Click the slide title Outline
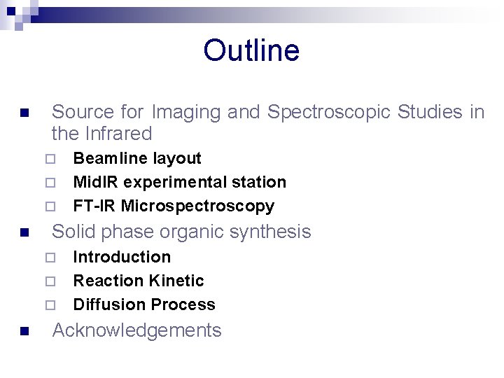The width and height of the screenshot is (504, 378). coord(251,51)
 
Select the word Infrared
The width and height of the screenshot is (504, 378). coord(117,134)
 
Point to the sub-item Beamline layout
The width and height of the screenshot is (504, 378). coord(137,159)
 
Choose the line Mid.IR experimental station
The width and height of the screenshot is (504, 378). coord(179,182)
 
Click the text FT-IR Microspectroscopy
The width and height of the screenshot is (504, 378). coord(174,206)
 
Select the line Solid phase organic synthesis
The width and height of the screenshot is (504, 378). coord(181,232)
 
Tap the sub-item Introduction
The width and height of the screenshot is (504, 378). coord(122,257)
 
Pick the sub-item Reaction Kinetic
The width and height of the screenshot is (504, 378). coord(139,281)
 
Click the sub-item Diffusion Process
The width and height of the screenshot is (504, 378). coord(144,304)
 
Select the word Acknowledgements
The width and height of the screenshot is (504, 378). coord(137,330)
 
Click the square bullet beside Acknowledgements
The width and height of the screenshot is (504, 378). coord(24,332)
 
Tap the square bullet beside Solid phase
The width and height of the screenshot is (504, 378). coord(24,233)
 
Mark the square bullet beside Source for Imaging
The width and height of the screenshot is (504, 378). coord(24,113)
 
